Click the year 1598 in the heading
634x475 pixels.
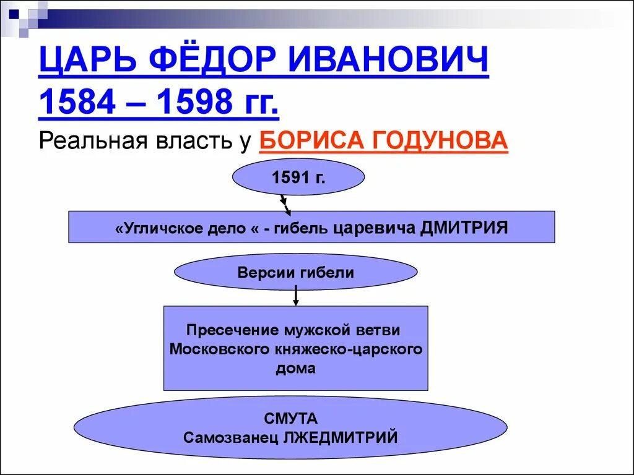(x=196, y=102)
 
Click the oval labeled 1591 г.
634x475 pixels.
(x=298, y=178)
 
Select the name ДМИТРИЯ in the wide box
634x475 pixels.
(x=464, y=228)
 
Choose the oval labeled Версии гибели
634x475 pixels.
(x=296, y=273)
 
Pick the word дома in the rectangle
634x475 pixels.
(x=295, y=369)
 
